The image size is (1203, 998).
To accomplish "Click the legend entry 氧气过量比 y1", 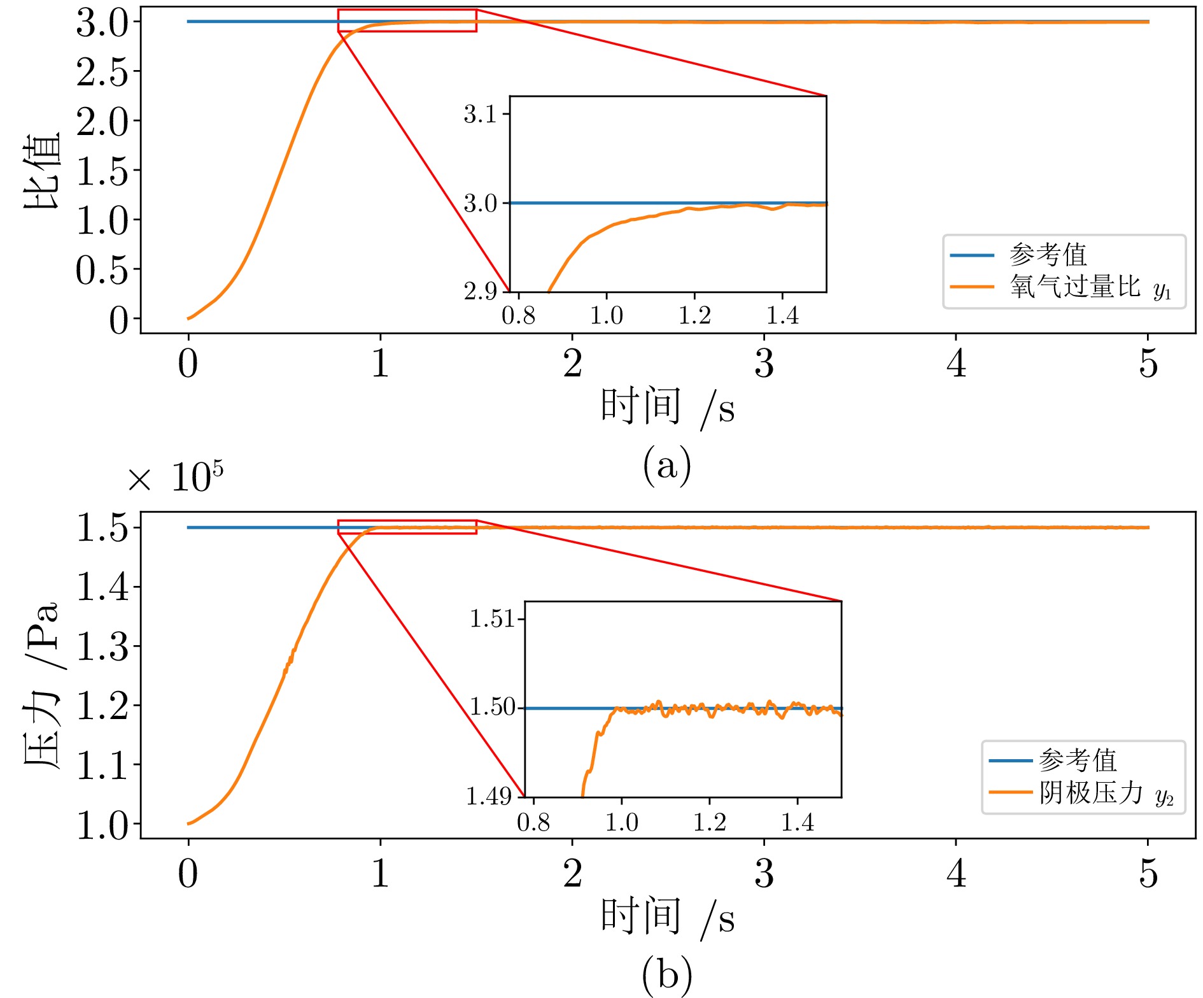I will click(x=1090, y=287).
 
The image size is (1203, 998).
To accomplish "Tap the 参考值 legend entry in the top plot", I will click(x=1048, y=255).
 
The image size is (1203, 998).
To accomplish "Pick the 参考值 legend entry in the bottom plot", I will click(x=1078, y=760).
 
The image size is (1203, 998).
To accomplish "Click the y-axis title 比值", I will click(x=42, y=171).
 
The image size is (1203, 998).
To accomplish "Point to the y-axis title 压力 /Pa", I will click(x=42, y=685).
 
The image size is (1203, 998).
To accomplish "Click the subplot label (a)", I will click(x=666, y=466).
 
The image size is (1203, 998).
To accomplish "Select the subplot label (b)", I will click(x=666, y=974).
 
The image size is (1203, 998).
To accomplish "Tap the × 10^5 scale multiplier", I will click(x=176, y=478).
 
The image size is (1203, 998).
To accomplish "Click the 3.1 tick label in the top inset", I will click(x=481, y=115).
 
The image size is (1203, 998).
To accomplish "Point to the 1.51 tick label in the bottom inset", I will click(x=491, y=619).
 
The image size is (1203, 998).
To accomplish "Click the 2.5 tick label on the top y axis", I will click(x=102, y=72).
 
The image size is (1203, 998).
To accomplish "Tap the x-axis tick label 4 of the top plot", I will click(x=956, y=364).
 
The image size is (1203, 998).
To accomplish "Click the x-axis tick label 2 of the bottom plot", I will click(x=572, y=873).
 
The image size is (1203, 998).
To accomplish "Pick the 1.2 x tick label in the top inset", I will click(x=694, y=315).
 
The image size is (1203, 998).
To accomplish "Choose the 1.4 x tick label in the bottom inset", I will click(x=798, y=822).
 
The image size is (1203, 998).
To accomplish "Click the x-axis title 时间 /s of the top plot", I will click(x=667, y=407).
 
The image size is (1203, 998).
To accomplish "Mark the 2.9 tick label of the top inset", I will click(x=481, y=291).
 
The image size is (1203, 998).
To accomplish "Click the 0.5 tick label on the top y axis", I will click(x=102, y=270).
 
